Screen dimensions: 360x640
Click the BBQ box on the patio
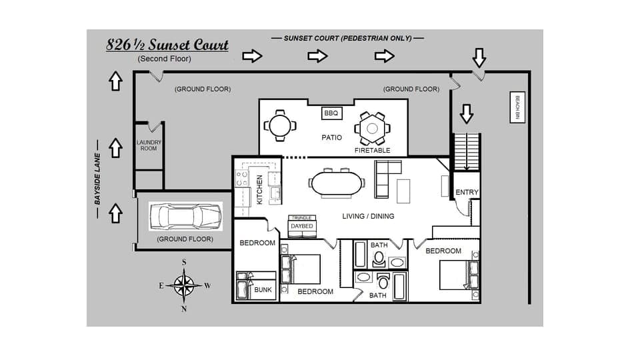[x=331, y=113]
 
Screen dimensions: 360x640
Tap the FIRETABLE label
[x=372, y=151]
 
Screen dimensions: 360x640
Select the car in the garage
[x=185, y=216]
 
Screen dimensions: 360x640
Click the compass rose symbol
[x=184, y=285]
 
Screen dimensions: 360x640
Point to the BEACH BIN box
[x=516, y=107]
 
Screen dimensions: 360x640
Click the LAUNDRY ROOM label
[x=149, y=145]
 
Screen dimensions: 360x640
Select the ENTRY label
[x=467, y=193]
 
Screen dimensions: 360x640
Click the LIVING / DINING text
[x=368, y=216]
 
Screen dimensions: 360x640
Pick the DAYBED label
[x=302, y=226]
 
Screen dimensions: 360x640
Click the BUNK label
[x=263, y=291]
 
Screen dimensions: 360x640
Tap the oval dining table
[x=337, y=183]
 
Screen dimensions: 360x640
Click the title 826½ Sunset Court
[x=167, y=45]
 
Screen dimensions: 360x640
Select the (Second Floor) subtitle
[x=164, y=59]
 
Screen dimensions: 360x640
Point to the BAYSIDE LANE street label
[x=97, y=179]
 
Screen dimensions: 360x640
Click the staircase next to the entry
[x=466, y=152]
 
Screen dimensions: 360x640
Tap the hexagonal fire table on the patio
[x=371, y=128]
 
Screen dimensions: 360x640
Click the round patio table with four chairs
[x=279, y=125]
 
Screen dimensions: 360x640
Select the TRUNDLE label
[x=302, y=218]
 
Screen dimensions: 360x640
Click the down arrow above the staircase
[x=466, y=114]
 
